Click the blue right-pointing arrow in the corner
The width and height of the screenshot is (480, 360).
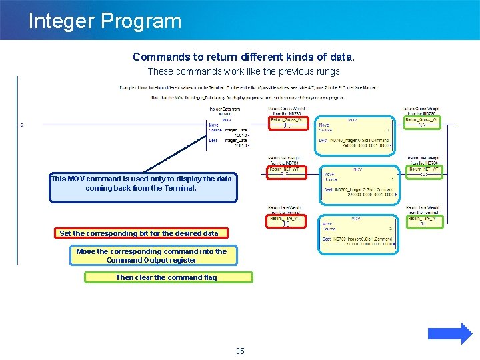[x=450, y=333]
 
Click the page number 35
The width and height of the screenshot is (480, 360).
[x=240, y=351]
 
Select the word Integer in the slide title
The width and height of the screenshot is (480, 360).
[x=61, y=21]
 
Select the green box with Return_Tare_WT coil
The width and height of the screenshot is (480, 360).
[x=424, y=221]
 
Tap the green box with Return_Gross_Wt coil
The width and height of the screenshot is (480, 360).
[x=424, y=123]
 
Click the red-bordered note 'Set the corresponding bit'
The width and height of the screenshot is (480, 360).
[x=139, y=233]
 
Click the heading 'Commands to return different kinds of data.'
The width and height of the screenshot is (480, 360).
[x=243, y=57]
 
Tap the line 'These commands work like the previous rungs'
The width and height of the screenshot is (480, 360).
[x=243, y=71]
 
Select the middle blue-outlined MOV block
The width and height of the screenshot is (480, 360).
[x=359, y=183]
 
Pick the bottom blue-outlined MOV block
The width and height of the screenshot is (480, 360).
[x=359, y=233]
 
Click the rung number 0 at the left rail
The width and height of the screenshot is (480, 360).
[x=22, y=125]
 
